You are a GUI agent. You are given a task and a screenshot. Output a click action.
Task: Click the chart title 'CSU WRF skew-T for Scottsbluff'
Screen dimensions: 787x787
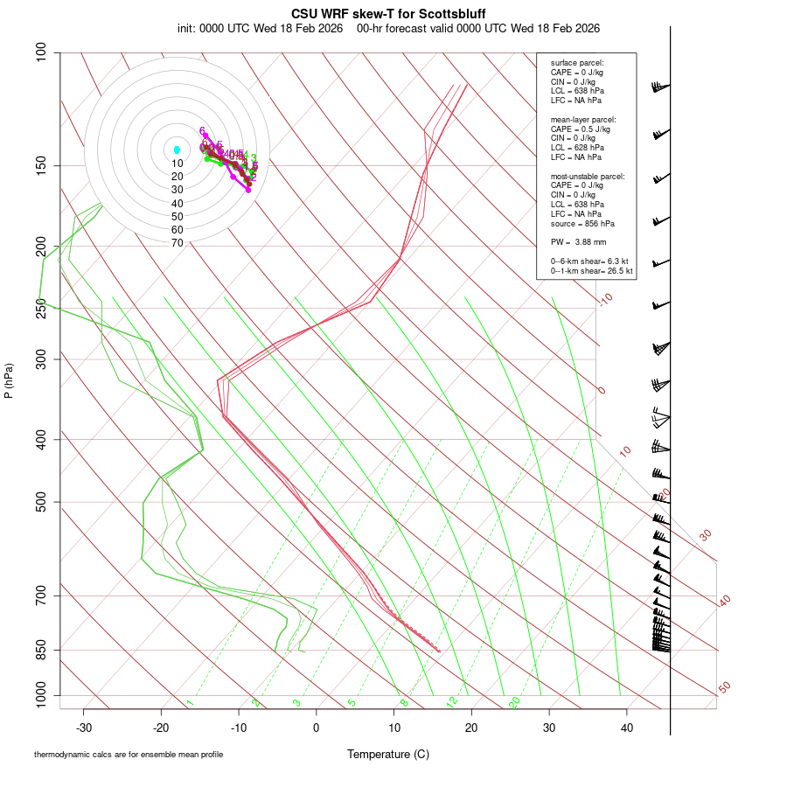387,14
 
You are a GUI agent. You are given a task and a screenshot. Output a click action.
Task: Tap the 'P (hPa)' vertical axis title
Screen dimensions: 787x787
9,380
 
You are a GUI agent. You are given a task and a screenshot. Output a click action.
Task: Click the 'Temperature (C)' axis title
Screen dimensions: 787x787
388,754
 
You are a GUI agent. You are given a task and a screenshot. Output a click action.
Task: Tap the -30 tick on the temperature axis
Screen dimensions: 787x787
84,728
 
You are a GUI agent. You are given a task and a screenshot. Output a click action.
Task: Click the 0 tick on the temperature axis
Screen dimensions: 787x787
317,728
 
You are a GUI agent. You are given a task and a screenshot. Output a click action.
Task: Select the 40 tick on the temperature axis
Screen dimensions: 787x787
626,728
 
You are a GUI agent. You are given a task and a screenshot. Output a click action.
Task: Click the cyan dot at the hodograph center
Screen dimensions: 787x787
177,150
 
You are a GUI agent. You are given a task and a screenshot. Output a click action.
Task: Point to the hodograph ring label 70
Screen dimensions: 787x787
177,243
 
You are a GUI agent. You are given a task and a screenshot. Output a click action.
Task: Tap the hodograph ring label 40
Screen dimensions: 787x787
177,204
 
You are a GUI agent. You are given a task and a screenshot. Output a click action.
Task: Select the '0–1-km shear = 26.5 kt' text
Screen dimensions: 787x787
591,271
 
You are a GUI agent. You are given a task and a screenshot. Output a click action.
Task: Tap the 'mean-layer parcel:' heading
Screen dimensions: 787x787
583,119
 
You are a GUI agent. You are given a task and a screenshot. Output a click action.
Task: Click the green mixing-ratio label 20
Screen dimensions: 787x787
514,702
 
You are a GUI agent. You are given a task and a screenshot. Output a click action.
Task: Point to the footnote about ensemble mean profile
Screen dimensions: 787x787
129,755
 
